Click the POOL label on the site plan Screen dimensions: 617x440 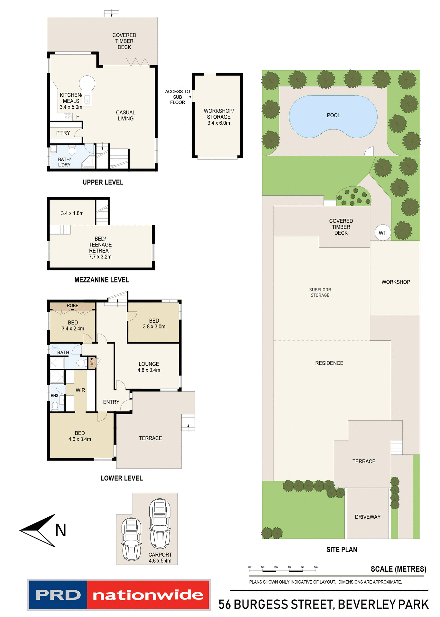333,115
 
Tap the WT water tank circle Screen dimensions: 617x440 382,233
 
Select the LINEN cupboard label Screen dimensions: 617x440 92,362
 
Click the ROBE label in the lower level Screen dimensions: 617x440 72,306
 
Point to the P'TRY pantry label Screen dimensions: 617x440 63,133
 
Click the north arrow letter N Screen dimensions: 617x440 60,531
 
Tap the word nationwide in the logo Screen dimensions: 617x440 148,595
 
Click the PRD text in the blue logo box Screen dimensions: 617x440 58,595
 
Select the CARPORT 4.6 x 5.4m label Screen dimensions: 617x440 160,558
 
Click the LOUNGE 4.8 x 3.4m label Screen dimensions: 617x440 149,367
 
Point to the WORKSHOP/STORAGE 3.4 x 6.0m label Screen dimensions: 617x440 219,117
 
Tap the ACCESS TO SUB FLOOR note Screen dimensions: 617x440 177,97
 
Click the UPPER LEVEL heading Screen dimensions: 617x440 103,182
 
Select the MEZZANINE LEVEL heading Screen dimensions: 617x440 102,280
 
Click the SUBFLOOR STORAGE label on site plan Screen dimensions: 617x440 320,292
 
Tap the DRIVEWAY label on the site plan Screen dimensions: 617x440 368,517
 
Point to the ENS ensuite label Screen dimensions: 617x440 54,396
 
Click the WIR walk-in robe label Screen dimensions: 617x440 80,390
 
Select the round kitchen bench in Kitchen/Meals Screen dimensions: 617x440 87,83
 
